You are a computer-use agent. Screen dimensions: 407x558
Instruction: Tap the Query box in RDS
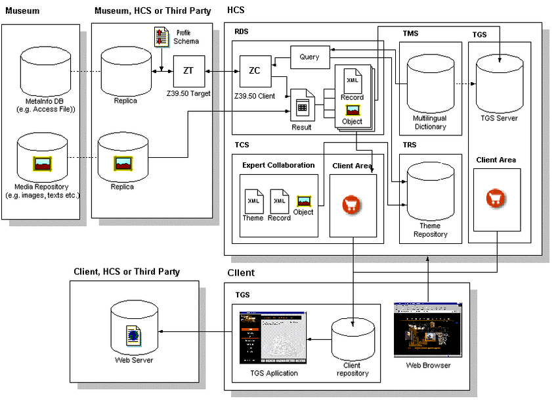(309, 57)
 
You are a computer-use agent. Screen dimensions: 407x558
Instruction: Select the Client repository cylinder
(355, 339)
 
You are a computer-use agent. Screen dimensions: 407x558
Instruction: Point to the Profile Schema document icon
(161, 37)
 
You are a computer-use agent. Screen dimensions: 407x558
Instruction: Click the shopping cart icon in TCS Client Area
(353, 204)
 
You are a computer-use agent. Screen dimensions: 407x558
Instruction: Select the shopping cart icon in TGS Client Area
(496, 199)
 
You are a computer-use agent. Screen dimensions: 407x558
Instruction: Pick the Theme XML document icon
(253, 200)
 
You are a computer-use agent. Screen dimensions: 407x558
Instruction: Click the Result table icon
(302, 107)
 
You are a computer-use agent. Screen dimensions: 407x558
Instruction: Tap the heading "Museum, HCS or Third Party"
(152, 11)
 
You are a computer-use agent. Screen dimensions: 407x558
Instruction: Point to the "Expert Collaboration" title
(278, 165)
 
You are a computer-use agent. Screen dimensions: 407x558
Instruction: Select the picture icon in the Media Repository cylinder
(45, 161)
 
